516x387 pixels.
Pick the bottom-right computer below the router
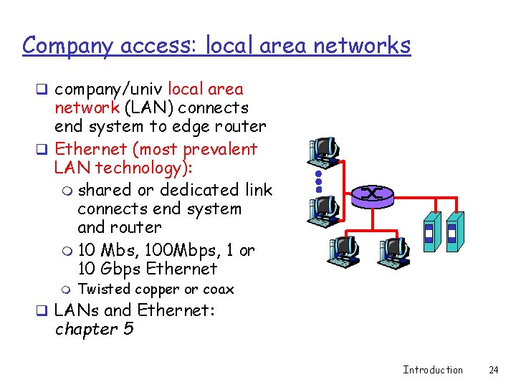click(x=392, y=251)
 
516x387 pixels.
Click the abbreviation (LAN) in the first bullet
click(x=148, y=108)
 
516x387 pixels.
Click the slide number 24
click(x=493, y=370)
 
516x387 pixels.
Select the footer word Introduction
click(x=433, y=370)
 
